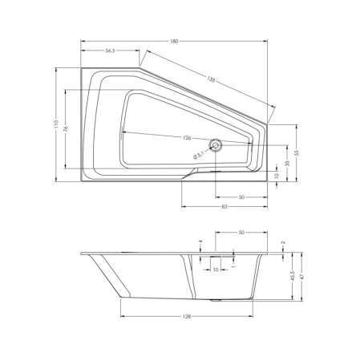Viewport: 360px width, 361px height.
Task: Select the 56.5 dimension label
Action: [110, 51]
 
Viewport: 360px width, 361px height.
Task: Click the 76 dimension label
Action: [67, 131]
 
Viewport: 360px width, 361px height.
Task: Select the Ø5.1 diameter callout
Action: [199, 155]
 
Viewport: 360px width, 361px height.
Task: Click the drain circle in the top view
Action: [216, 146]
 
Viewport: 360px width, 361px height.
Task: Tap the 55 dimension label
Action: [297, 152]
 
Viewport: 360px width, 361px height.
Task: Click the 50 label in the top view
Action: [241, 197]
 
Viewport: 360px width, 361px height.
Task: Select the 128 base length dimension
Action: [186, 317]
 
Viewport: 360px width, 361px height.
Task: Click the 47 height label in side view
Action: [301, 275]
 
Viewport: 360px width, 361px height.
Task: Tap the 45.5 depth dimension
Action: [291, 276]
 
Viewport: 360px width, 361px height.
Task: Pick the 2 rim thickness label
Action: [284, 241]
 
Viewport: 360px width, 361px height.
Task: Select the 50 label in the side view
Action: [241, 233]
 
